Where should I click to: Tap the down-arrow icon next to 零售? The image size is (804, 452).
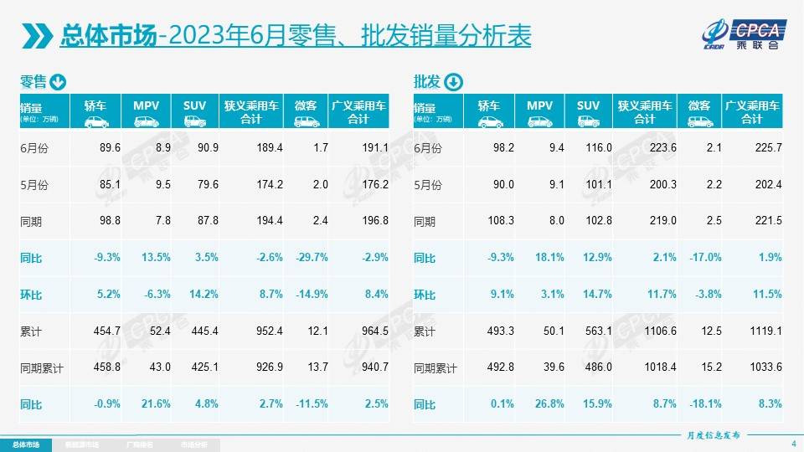click(58, 82)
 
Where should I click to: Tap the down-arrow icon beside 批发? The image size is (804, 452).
click(451, 82)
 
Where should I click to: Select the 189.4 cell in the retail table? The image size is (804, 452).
click(268, 148)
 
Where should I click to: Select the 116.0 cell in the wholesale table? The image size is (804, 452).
click(600, 148)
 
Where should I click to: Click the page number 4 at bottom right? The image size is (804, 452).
click(793, 443)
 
